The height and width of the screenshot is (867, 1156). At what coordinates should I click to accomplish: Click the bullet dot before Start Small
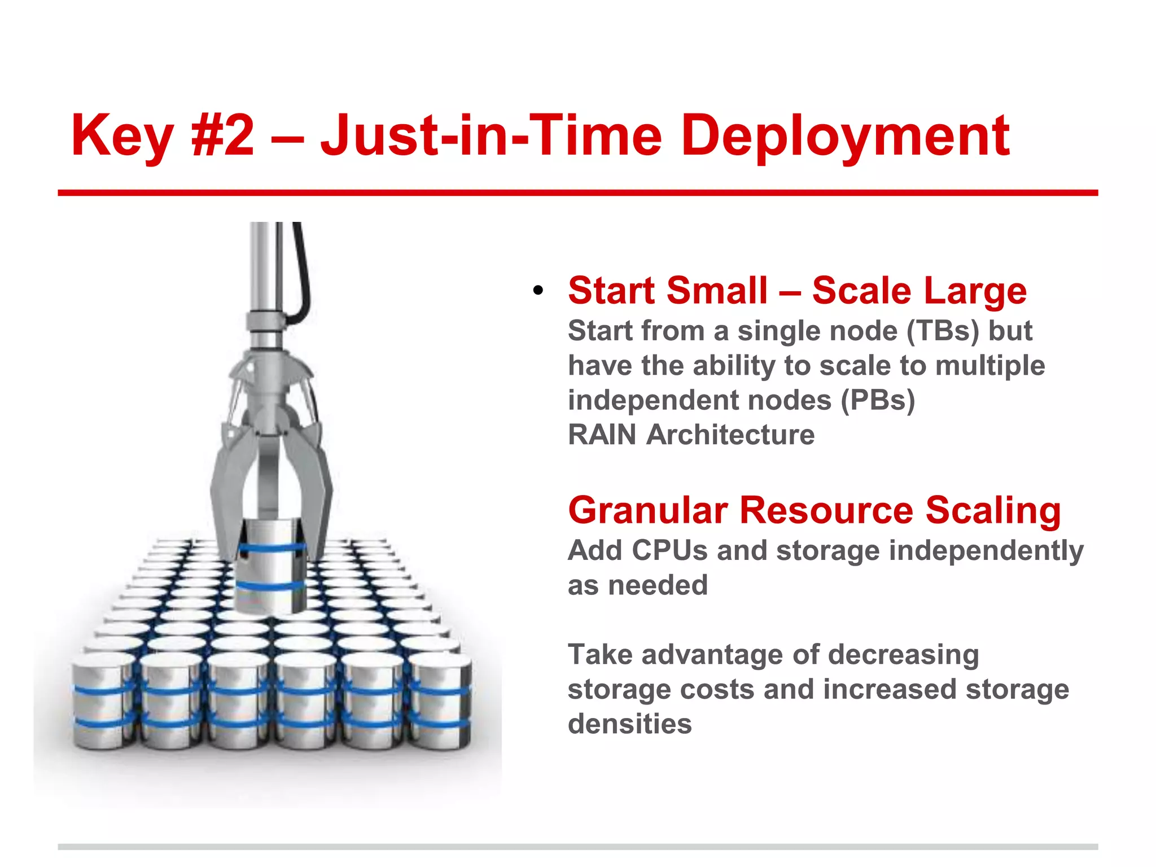pyautogui.click(x=538, y=291)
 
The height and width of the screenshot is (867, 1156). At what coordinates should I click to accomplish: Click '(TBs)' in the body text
pyautogui.click(x=943, y=331)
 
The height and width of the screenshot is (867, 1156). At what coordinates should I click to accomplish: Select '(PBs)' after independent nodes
pyautogui.click(x=878, y=400)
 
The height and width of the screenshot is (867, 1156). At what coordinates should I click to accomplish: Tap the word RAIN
pyautogui.click(x=602, y=435)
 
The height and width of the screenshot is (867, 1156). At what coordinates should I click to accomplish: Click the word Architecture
pyautogui.click(x=730, y=435)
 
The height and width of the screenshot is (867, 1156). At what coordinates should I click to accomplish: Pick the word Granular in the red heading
pyautogui.click(x=647, y=510)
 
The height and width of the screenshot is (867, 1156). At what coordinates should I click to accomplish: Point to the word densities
pyautogui.click(x=629, y=724)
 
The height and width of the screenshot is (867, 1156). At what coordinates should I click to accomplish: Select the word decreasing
pyautogui.click(x=903, y=655)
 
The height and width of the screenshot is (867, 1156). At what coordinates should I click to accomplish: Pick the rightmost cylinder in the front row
pyautogui.click(x=441, y=700)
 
